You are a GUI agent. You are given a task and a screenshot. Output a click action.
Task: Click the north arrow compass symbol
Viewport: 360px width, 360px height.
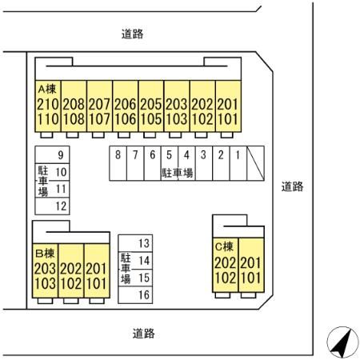342,342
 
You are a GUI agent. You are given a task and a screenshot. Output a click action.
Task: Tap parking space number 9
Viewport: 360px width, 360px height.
52,154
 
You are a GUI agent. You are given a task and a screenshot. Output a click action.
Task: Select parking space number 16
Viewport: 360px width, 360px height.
135,294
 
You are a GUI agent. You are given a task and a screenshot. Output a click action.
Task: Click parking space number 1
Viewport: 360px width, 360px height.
238,163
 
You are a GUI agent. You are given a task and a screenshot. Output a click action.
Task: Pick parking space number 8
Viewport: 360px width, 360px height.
118,163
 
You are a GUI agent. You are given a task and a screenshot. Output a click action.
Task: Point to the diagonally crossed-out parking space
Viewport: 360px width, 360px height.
255,163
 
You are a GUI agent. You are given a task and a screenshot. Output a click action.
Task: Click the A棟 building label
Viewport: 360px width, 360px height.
47,89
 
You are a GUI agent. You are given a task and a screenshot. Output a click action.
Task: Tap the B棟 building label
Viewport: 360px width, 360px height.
45,254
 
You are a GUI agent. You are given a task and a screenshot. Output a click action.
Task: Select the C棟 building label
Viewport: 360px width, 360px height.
224,246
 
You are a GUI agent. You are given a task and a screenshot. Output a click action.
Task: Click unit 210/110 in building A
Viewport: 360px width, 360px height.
48,106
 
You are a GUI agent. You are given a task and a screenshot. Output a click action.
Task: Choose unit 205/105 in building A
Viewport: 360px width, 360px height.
151,106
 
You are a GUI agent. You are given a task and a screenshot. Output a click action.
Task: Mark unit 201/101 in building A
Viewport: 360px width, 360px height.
228,106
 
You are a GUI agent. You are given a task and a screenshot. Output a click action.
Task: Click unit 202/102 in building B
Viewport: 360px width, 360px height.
71,270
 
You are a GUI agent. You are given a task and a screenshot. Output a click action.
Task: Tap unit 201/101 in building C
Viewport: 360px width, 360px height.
251,265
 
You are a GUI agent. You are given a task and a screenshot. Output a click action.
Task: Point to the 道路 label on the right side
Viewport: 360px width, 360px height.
292,186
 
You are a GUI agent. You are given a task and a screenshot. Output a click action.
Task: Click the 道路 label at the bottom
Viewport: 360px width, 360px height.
144,334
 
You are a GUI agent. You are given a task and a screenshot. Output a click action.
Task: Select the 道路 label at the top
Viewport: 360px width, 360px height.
133,34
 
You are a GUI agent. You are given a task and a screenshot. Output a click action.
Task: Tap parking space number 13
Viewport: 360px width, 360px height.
135,243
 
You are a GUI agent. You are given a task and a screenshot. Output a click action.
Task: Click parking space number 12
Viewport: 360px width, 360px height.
52,206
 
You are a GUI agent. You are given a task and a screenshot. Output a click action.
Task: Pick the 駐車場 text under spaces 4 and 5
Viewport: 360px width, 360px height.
177,173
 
